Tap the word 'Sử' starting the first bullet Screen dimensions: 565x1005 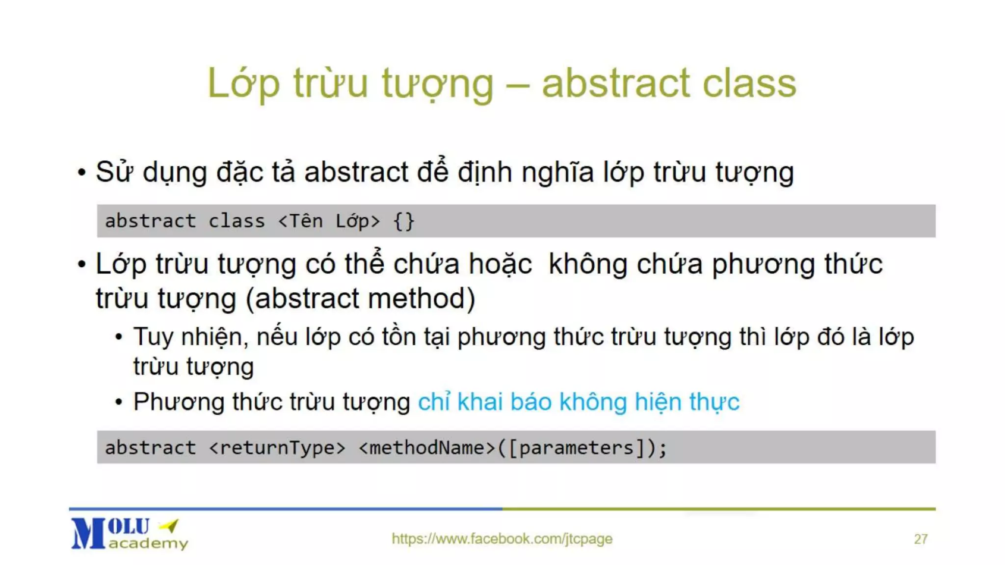[x=114, y=172]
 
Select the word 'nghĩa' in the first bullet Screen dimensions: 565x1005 [x=557, y=173]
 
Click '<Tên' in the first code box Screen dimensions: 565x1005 [x=300, y=221]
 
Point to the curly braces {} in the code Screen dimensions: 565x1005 [x=404, y=221]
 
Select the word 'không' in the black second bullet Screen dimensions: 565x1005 [x=588, y=264]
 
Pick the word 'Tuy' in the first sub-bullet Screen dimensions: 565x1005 [x=153, y=337]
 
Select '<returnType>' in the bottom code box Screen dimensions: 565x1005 [x=277, y=448]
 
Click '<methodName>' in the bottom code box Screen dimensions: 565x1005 [x=427, y=448]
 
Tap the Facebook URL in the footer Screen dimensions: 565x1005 [x=502, y=539]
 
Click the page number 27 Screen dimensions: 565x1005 [x=921, y=539]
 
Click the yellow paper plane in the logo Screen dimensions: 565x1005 [x=169, y=526]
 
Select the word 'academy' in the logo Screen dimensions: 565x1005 [x=148, y=543]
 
